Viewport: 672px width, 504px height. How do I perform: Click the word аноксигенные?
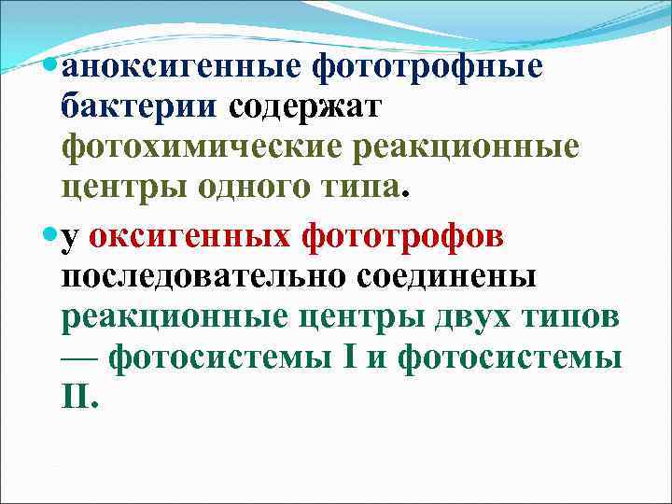coord(182,66)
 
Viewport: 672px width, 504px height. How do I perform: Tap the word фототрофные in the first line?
coord(428,66)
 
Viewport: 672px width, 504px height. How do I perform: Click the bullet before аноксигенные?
coord(50,66)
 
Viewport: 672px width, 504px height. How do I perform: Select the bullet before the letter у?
coord(50,235)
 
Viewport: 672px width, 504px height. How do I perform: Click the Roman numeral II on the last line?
coord(77,398)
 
